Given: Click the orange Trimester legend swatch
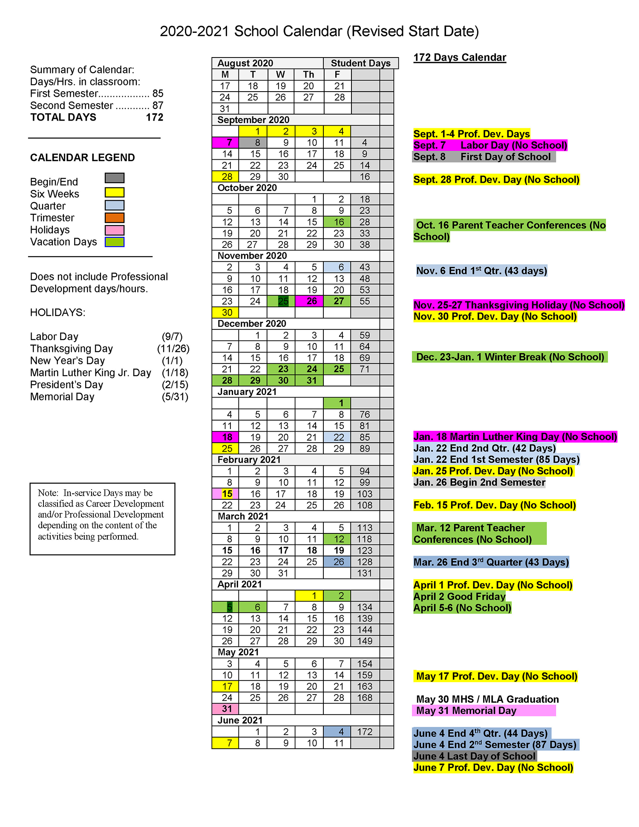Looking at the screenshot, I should (x=115, y=218).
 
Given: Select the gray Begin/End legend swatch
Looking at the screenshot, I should (x=115, y=178).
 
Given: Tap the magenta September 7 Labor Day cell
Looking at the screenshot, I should (x=225, y=142).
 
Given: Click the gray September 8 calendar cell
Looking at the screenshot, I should (x=253, y=142).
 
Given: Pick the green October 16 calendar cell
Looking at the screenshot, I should (x=337, y=222).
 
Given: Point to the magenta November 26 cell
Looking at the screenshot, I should (x=309, y=301).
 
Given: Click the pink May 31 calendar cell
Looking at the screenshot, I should (x=225, y=709).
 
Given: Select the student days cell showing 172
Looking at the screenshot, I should (x=365, y=732).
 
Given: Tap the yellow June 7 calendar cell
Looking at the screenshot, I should (x=225, y=743).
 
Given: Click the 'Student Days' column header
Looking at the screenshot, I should (x=360, y=63).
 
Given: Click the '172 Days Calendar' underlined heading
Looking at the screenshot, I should (x=460, y=58).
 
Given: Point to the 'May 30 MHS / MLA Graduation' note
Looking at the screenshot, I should (x=487, y=699).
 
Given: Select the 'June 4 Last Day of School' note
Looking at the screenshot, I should (x=474, y=756).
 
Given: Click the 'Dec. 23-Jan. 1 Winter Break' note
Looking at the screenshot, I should (x=509, y=357).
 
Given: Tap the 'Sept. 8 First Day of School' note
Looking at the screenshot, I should (x=484, y=157).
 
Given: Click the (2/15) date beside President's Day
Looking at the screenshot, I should (x=175, y=385).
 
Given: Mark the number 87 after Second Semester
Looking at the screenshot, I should (x=158, y=105).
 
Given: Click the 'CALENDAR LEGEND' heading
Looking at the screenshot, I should (x=82, y=158).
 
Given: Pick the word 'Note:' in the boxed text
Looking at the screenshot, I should (x=48, y=493).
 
